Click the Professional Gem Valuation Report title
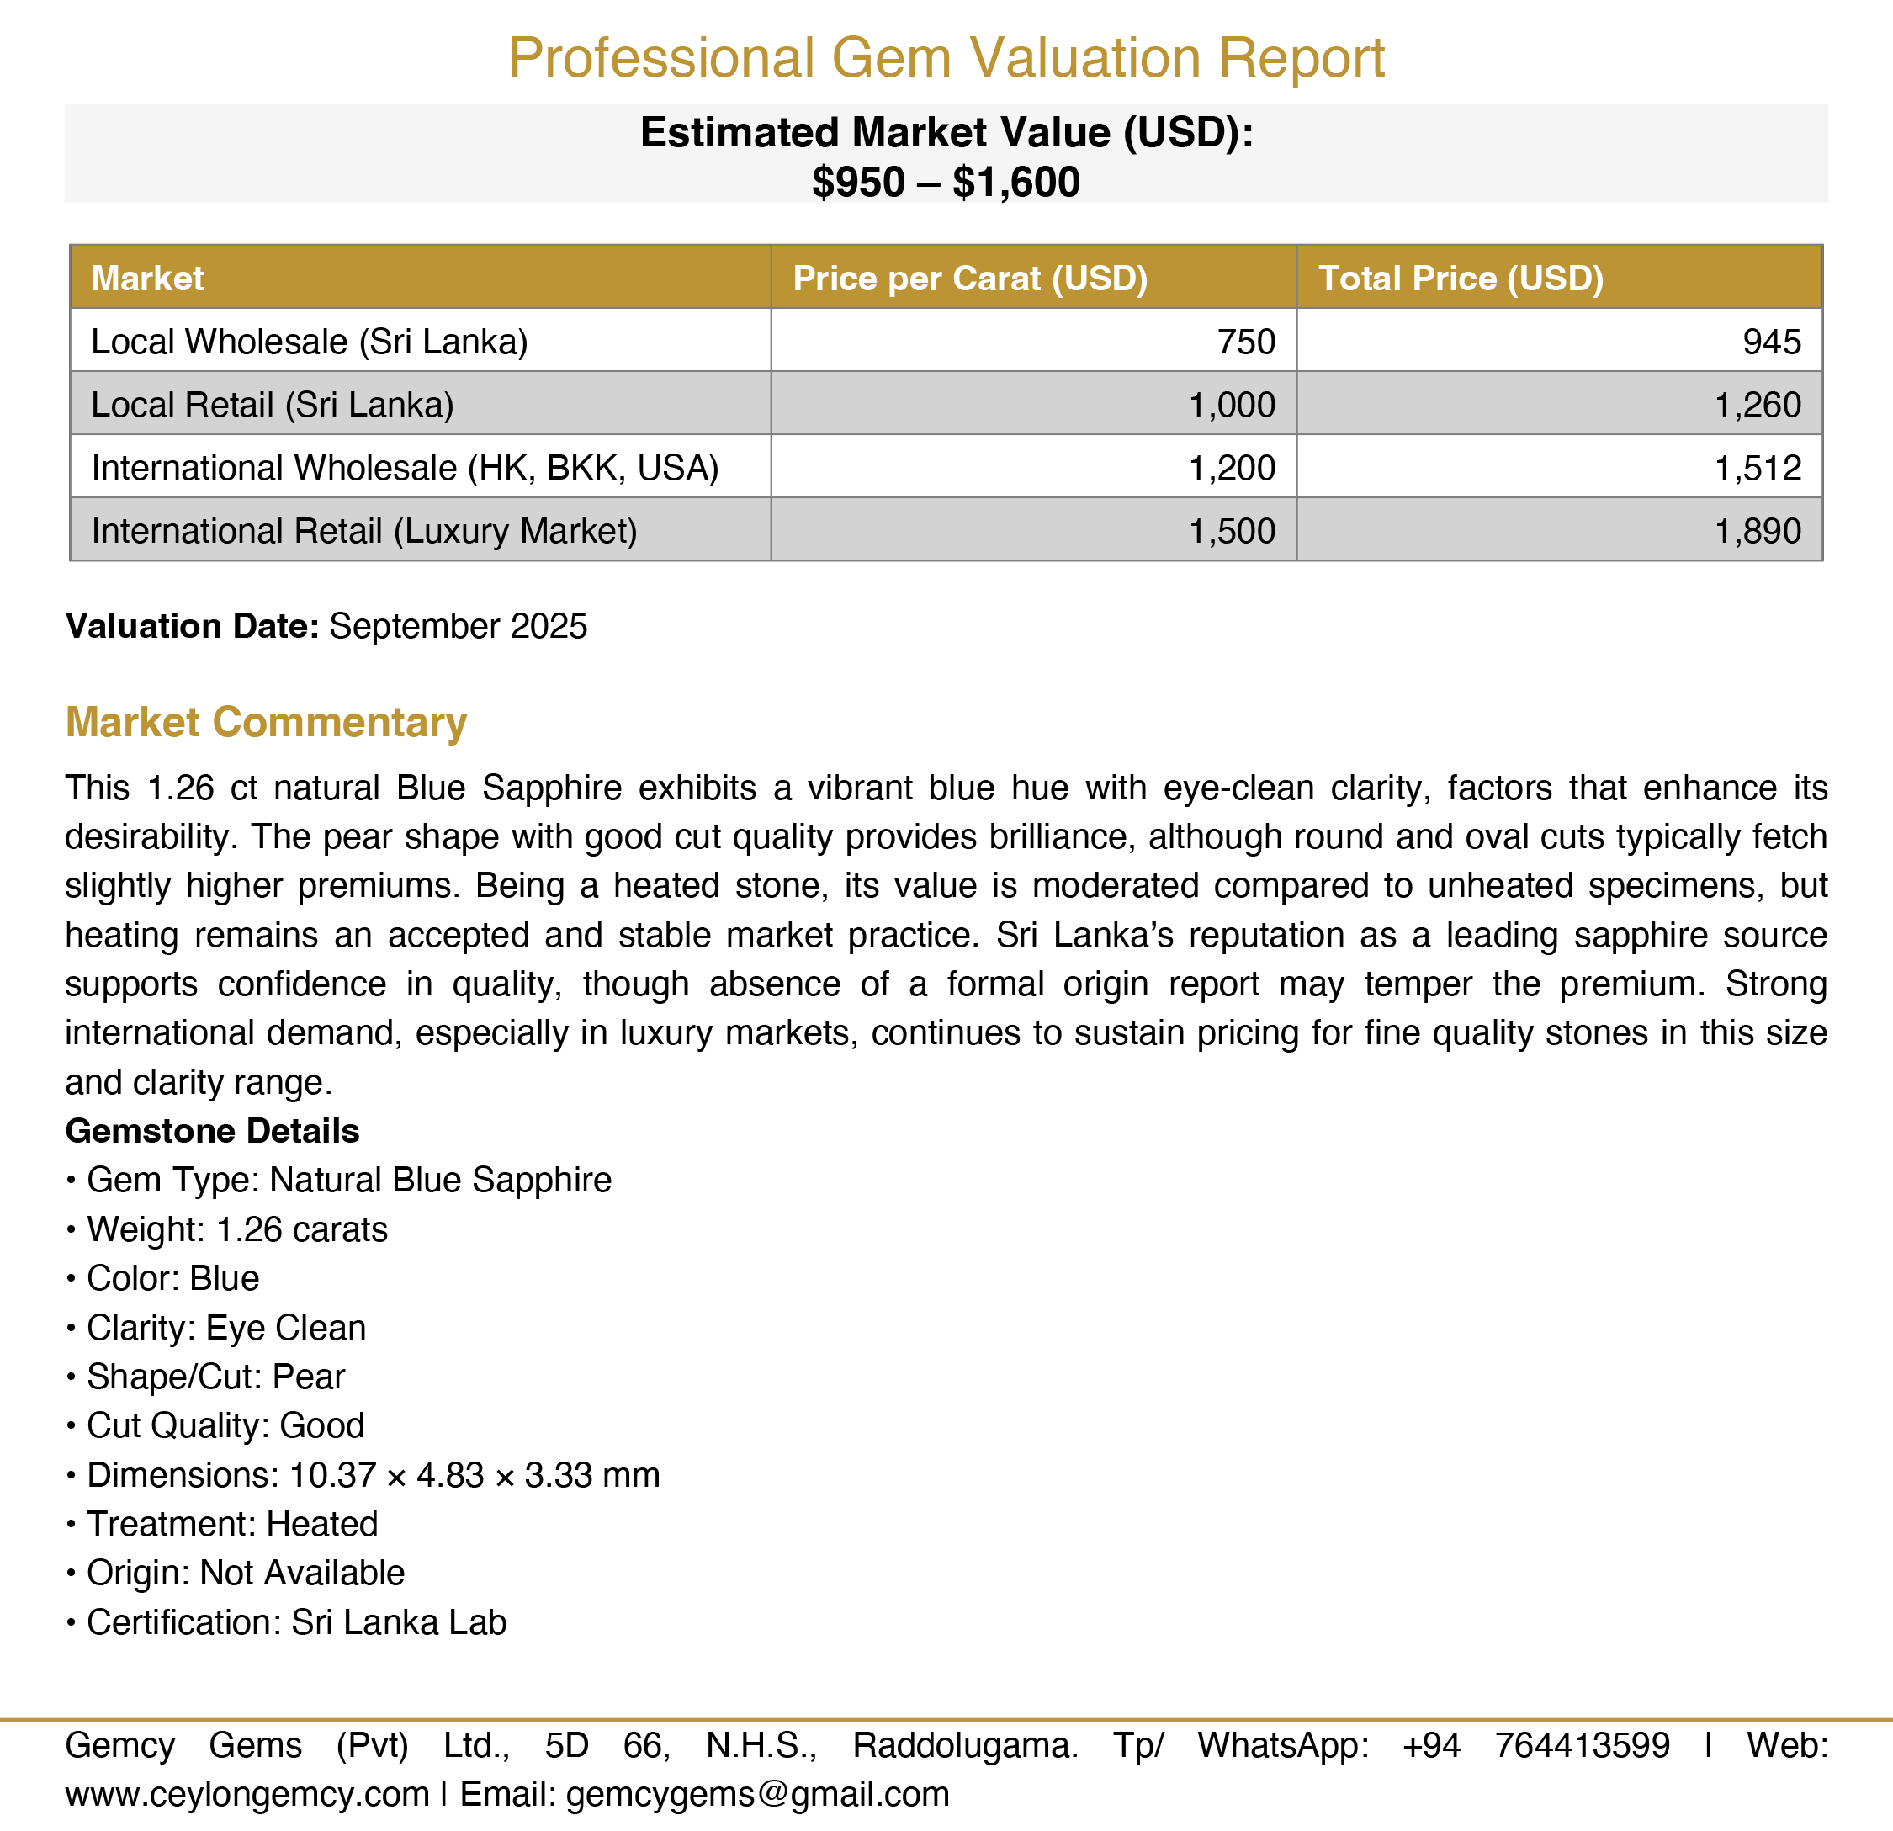point(946,58)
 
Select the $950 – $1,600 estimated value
point(946,183)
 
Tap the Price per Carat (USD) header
point(970,279)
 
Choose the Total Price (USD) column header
point(1461,279)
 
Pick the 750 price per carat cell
point(1246,342)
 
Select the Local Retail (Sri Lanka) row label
point(272,405)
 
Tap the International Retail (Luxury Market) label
point(364,531)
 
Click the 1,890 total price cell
point(1758,531)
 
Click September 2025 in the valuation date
point(458,627)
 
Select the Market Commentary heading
point(266,722)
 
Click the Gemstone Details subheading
point(213,1131)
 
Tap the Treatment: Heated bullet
point(232,1524)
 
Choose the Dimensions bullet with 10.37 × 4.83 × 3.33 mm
point(373,1475)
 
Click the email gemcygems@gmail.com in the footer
point(757,1794)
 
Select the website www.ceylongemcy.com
point(247,1794)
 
